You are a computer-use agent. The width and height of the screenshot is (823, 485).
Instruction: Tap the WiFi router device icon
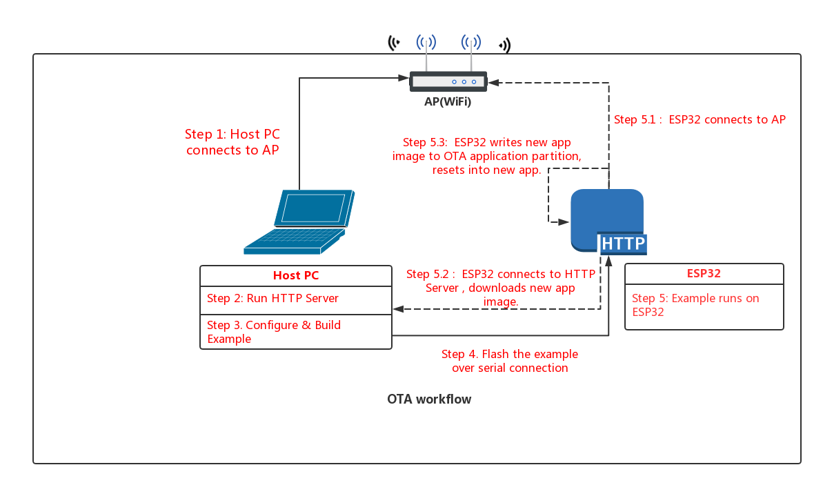coord(448,81)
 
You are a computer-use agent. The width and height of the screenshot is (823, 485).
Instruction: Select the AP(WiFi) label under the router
coord(448,101)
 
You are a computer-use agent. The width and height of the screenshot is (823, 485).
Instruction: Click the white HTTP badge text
coord(623,244)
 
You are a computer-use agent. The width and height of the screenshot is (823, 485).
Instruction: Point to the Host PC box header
coord(296,275)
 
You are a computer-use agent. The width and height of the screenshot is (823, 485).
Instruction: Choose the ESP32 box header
coord(704,273)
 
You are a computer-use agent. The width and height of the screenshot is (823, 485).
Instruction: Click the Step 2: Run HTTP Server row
coord(296,299)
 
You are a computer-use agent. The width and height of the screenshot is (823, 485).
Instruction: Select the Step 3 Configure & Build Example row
coord(296,332)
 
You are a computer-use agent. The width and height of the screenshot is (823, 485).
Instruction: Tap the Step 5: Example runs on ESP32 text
coord(695,305)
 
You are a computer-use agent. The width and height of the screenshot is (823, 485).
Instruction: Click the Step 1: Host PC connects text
coord(232,142)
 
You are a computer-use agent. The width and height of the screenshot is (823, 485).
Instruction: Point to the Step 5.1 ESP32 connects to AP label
coord(700,119)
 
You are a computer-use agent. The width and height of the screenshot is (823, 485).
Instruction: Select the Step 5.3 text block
coord(486,157)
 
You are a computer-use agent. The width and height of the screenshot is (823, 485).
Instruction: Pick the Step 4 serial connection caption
coord(510,361)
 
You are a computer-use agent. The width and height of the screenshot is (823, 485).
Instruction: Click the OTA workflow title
coord(429,399)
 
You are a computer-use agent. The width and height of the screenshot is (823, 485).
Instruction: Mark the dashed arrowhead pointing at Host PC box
coord(398,310)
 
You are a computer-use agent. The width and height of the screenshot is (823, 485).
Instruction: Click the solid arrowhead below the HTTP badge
coord(608,261)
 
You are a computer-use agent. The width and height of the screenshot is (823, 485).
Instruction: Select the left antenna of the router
coord(426,52)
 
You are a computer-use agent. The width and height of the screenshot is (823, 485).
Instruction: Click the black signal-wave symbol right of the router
coord(505,46)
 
